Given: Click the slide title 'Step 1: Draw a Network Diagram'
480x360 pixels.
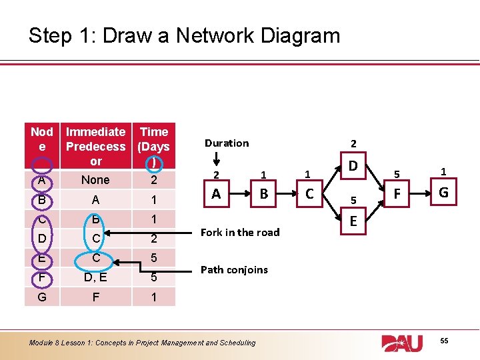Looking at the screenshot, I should [x=184, y=35].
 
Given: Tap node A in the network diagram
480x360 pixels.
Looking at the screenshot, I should [x=216, y=194].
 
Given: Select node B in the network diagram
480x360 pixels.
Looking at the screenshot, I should [x=264, y=194].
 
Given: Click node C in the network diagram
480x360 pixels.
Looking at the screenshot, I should [x=308, y=194].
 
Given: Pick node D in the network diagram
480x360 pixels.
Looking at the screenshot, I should [x=354, y=164].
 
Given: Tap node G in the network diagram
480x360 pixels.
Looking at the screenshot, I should [x=443, y=194].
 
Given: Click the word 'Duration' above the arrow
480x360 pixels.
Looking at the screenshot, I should [x=227, y=143].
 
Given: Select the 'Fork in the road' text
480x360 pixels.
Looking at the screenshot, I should [x=240, y=232].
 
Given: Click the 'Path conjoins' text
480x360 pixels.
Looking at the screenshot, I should [x=234, y=269].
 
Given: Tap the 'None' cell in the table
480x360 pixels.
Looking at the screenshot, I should [x=95, y=180].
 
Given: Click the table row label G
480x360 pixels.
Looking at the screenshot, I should [x=42, y=297].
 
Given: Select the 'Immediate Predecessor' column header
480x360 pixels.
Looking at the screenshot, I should [x=95, y=147].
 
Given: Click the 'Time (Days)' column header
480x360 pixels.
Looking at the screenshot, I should [x=154, y=147].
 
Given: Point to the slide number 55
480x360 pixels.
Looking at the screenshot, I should [x=445, y=341].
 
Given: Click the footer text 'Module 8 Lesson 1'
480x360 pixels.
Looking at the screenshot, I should [x=142, y=343].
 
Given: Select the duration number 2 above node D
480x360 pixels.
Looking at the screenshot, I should [x=354, y=143].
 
